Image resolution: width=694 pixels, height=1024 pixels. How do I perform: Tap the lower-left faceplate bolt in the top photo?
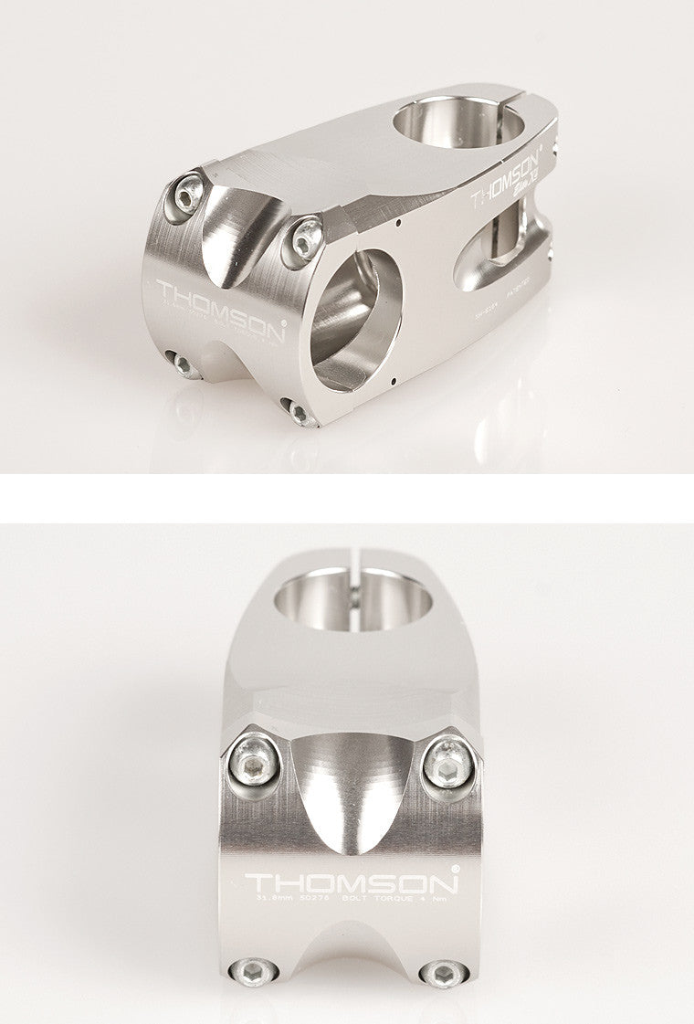coord(184,364)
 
